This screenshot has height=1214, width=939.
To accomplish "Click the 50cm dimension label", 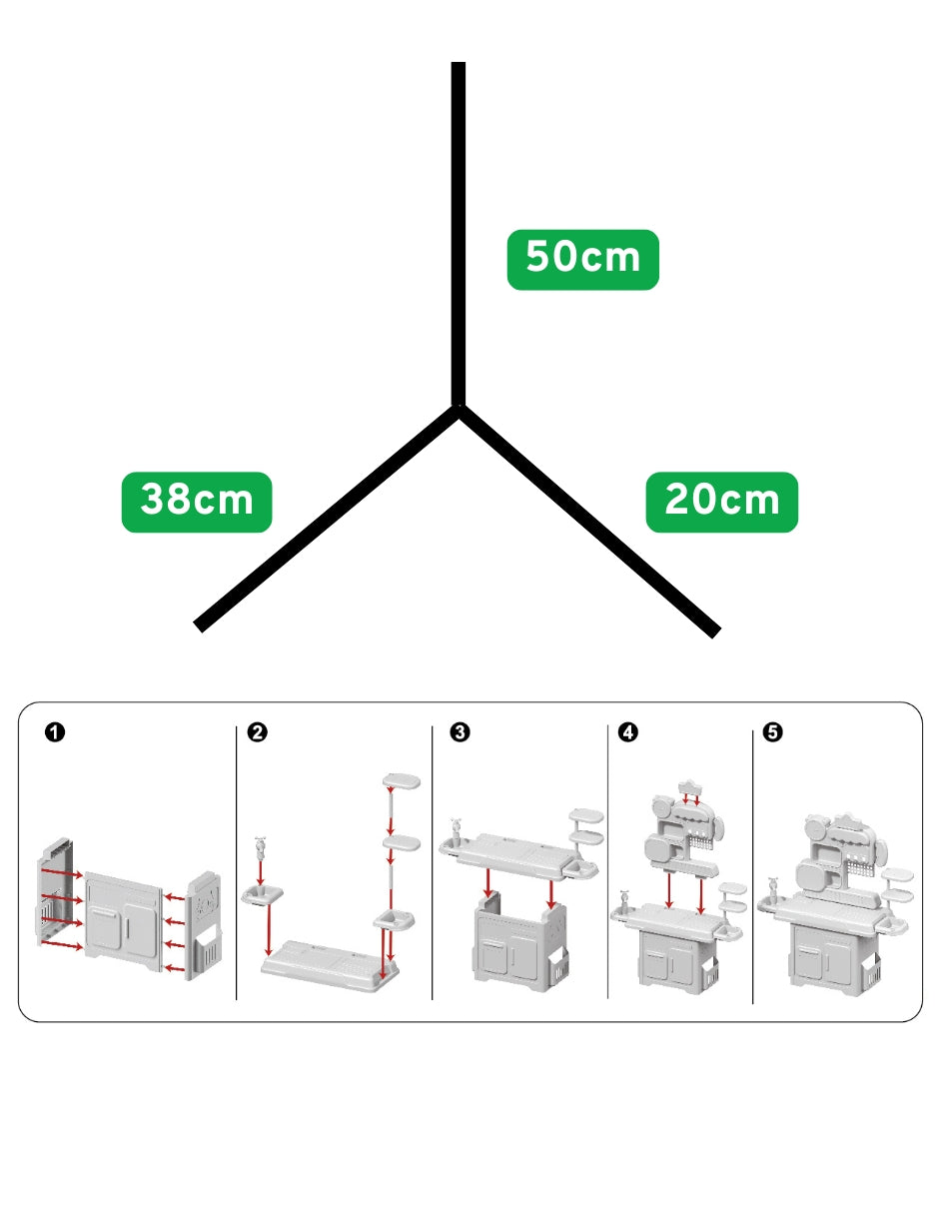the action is tap(582, 259).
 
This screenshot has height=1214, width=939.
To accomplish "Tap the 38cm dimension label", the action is tap(197, 502).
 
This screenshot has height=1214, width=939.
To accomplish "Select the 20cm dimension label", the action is tap(721, 502).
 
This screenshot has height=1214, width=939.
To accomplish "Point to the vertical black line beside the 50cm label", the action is tap(459, 233).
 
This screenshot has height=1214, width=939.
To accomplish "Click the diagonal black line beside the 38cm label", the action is tap(326, 518).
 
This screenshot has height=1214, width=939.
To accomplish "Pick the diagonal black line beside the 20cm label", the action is tap(589, 521).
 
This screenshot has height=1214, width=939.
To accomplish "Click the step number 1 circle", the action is tap(55, 731).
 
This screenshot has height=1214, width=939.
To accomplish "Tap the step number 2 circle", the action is tap(258, 731).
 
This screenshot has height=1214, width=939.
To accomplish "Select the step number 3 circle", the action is tap(460, 731).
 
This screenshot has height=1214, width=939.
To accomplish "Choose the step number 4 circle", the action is tap(628, 731).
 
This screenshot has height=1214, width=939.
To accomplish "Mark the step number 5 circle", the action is tap(772, 731).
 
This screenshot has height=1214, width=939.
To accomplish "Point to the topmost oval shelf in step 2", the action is tap(401, 781).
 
